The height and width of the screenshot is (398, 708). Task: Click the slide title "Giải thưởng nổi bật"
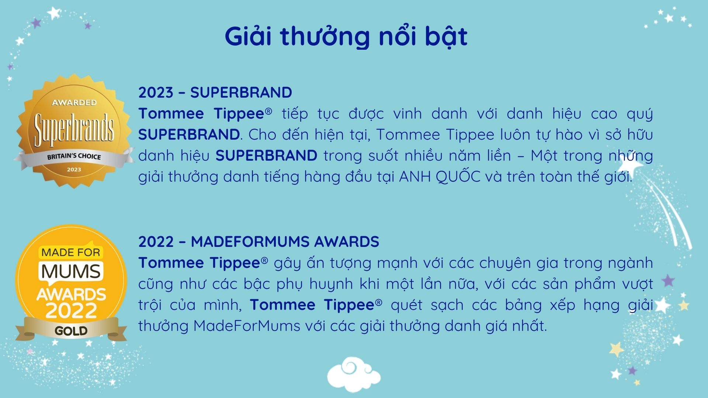point(346,37)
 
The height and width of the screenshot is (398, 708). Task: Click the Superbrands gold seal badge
point(74,131)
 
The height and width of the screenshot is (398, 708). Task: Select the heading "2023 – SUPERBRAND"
point(215,92)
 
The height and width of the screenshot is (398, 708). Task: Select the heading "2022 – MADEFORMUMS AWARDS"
point(258,242)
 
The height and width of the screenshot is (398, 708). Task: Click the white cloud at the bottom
point(354,374)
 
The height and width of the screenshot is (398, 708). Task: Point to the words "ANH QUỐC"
point(440,177)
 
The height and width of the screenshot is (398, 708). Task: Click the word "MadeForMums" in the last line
point(247,326)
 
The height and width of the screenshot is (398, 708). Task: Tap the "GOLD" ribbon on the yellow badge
point(71,331)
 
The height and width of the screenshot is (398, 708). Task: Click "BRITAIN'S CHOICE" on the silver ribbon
point(74,156)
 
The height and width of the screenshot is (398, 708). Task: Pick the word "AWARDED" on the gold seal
point(74,102)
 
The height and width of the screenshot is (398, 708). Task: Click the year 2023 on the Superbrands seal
point(74,170)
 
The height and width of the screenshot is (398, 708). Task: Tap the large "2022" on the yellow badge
point(71,311)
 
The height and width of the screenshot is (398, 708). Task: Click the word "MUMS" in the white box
point(70,272)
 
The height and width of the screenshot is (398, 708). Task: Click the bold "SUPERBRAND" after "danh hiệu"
point(266,156)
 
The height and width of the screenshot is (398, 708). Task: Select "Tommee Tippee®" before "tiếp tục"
point(205,114)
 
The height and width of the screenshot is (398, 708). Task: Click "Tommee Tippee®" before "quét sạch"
point(316,305)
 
